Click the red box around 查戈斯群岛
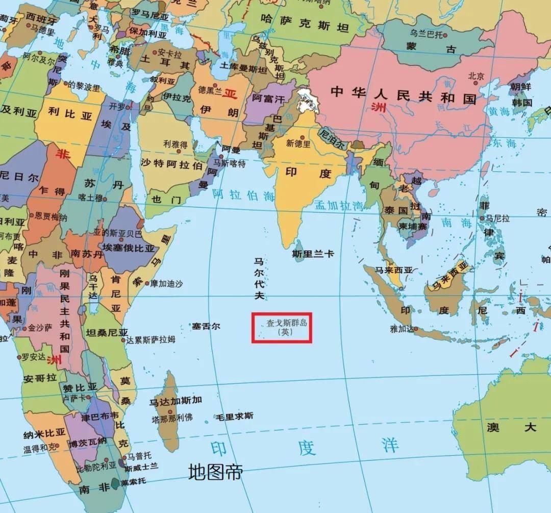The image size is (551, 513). tap(282, 328)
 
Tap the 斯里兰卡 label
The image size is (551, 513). tap(313, 254)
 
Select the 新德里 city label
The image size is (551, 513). tap(298, 143)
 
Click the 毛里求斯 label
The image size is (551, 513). tap(234, 416)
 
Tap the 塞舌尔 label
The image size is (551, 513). tap(206, 326)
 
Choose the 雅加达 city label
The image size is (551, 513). tap(400, 329)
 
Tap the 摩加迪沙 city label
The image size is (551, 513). tap(166, 283)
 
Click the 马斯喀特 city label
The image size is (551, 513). tap(229, 164)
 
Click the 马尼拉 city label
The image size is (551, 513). tap(497, 218)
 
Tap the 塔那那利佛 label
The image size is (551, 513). tap(172, 418)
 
